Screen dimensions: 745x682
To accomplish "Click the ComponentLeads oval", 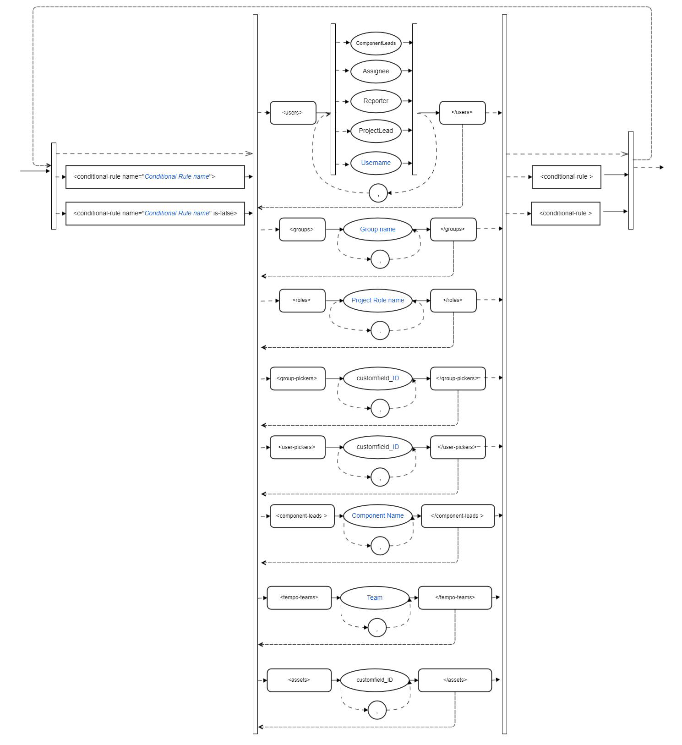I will (376, 44).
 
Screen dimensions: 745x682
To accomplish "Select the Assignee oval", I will (376, 71).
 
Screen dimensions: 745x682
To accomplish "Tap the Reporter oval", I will (376, 101).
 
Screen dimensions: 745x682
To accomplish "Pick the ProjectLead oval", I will (376, 131).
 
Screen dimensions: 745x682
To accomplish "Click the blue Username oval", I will (376, 163).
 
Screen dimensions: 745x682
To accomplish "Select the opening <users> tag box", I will (293, 113).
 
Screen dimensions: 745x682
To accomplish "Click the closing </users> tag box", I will (462, 113).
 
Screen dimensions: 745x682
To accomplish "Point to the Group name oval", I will (377, 230).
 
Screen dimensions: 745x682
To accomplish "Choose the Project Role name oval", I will (377, 301).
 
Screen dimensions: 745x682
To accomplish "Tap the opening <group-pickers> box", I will (297, 378).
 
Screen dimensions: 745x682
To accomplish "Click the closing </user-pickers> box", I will (458, 447).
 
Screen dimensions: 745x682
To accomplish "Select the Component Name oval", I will (377, 516).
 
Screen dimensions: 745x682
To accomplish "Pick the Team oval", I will (375, 598).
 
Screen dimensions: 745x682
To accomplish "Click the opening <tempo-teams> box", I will (299, 598).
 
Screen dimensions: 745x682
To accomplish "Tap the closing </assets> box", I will (455, 680).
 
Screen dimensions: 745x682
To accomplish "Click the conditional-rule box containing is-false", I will (155, 214).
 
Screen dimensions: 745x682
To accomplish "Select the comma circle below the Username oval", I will (378, 193).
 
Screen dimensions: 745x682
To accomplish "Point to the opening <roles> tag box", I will (302, 301).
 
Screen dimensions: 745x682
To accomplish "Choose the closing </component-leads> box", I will (458, 516).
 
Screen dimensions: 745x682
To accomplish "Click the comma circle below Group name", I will (380, 259).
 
